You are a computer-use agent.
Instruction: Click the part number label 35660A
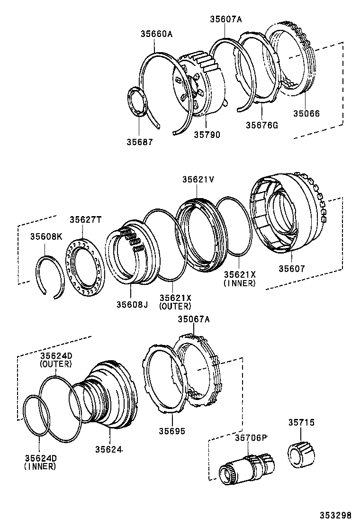click(x=156, y=34)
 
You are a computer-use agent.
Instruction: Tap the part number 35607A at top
click(x=226, y=19)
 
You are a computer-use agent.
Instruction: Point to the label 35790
click(x=207, y=135)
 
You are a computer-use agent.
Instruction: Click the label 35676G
click(x=261, y=125)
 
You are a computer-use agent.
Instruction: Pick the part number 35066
click(x=306, y=114)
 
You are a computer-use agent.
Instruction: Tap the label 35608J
click(x=132, y=305)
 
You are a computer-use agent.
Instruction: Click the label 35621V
click(x=198, y=180)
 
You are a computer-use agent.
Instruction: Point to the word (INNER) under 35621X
click(x=240, y=283)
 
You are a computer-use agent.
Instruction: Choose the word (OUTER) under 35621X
click(x=175, y=306)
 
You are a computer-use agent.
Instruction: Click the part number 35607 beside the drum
click(x=291, y=269)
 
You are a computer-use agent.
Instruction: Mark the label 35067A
click(x=193, y=319)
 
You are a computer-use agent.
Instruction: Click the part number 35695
click(x=171, y=431)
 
